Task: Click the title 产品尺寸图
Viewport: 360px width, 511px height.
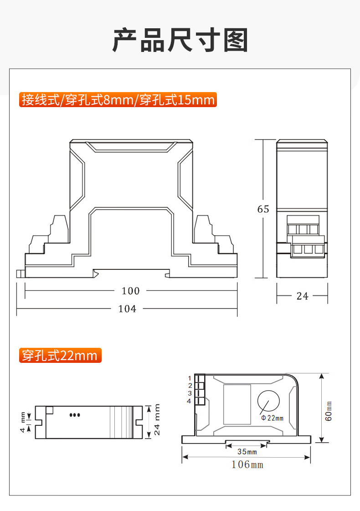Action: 180,40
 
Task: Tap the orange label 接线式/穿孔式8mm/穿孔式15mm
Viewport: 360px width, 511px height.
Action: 118,100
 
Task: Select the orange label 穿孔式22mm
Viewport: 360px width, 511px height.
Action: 60,355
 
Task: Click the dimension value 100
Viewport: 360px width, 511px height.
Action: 130,291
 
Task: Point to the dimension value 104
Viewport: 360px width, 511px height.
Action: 127,309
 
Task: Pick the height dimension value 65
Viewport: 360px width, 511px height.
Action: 263,209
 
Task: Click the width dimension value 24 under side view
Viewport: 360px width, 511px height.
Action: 302,296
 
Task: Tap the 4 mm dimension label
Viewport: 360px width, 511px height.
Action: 22,423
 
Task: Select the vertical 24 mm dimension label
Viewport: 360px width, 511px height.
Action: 157,420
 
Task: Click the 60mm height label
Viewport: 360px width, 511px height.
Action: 329,411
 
